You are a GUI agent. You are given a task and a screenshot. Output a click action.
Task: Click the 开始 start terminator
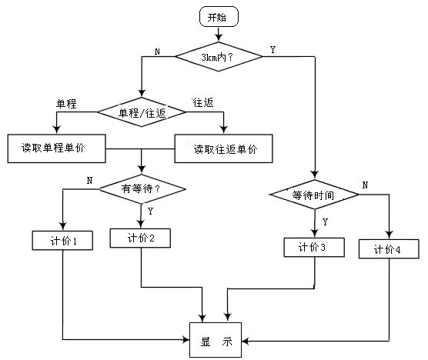click(x=219, y=17)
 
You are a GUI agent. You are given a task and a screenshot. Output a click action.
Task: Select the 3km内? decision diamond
click(x=219, y=57)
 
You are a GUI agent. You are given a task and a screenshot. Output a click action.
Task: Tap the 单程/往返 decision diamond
click(x=142, y=112)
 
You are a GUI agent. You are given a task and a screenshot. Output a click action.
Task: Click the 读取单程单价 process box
click(x=56, y=148)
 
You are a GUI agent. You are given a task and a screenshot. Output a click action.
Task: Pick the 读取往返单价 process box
click(x=223, y=148)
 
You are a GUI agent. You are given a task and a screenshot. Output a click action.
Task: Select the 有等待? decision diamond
click(x=142, y=189)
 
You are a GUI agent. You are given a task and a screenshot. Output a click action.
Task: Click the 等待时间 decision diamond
click(x=314, y=195)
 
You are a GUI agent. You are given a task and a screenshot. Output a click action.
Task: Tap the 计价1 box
click(x=62, y=241)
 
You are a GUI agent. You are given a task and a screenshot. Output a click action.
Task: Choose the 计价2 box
click(x=140, y=238)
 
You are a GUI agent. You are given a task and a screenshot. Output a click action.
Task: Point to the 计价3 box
click(x=314, y=248)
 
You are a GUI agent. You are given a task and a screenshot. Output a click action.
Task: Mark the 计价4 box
click(x=389, y=249)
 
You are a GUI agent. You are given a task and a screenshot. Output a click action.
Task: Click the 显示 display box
click(x=216, y=340)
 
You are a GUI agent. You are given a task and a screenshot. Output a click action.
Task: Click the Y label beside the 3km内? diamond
click(x=273, y=50)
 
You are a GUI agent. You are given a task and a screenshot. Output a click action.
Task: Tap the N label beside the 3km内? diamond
click(x=157, y=52)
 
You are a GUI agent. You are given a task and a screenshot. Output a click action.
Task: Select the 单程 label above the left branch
click(x=66, y=104)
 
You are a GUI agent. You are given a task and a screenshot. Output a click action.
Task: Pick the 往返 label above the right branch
click(x=202, y=102)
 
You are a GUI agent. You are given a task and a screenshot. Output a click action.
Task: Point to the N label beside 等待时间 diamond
click(x=365, y=185)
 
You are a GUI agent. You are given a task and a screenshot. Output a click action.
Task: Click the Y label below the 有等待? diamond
click(x=150, y=211)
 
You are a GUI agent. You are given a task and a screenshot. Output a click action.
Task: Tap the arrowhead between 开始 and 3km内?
click(x=219, y=38)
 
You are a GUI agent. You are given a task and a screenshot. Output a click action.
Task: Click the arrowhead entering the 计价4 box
click(x=389, y=235)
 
